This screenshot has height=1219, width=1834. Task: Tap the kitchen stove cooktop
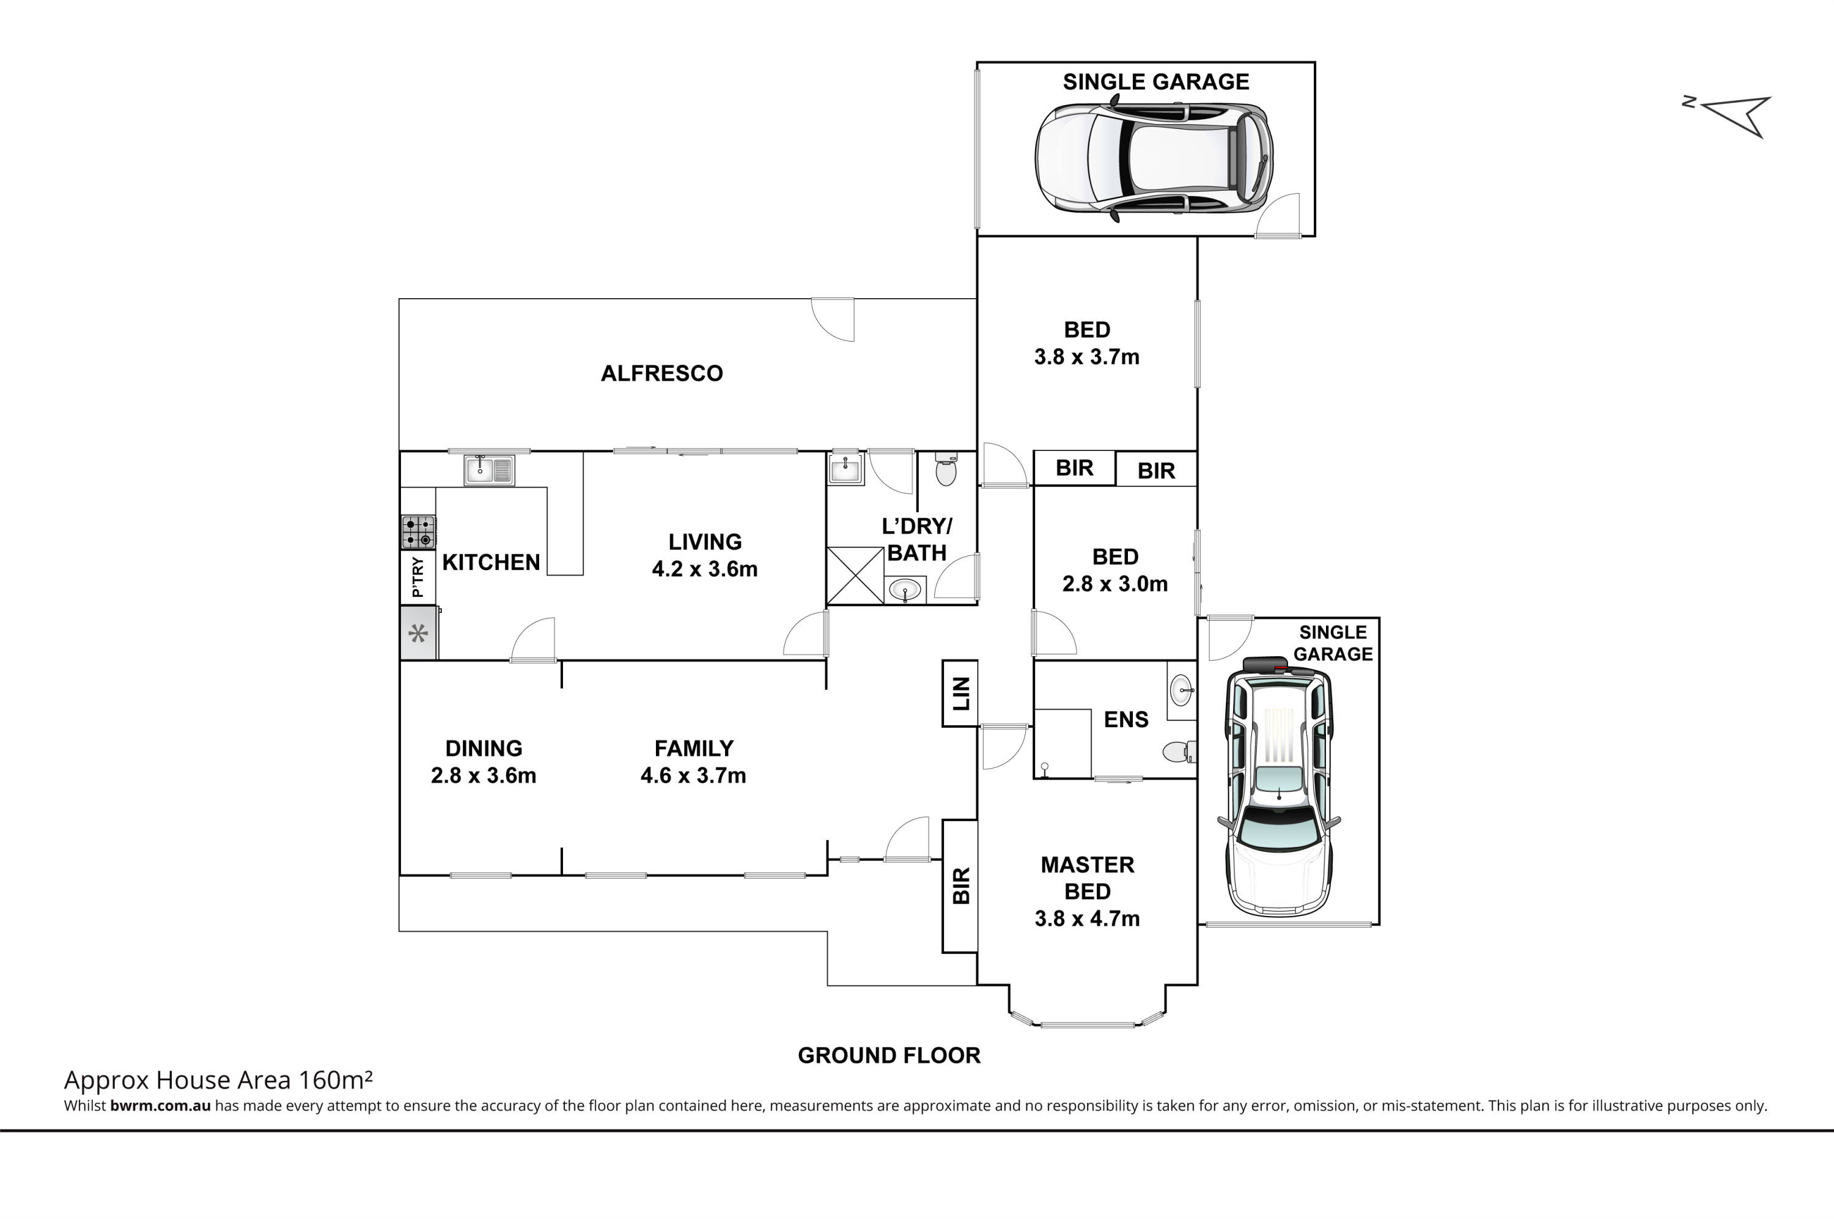click(418, 533)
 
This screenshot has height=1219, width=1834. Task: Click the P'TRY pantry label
click(418, 577)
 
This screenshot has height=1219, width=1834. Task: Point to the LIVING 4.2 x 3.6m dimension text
click(705, 569)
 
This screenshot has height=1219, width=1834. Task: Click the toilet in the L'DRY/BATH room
click(946, 469)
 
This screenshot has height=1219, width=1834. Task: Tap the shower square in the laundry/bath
click(855, 576)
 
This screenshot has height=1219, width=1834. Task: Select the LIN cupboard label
click(962, 694)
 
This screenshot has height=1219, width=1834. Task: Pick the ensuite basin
click(1180, 690)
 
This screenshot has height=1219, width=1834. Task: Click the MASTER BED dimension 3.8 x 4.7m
click(1088, 919)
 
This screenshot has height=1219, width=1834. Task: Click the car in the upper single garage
click(1154, 159)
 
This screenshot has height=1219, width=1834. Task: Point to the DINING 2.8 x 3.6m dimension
click(484, 776)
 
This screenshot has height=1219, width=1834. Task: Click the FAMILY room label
click(694, 749)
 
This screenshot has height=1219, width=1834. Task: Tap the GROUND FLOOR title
click(889, 1056)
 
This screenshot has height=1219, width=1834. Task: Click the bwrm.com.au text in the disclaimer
click(160, 1105)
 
